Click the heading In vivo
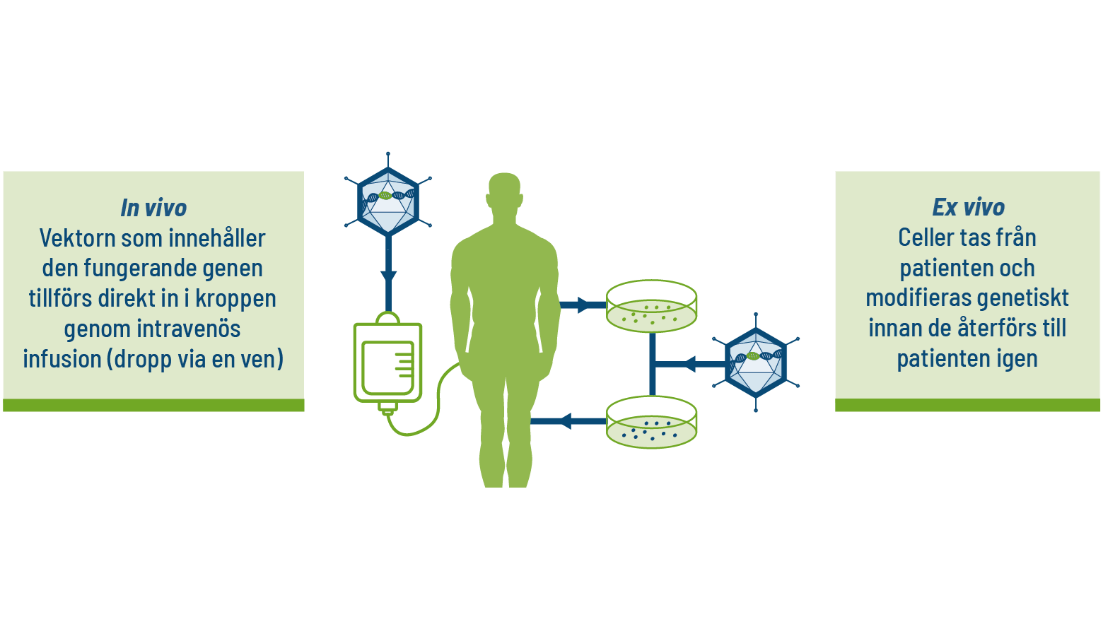click(153, 208)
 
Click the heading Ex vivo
click(968, 207)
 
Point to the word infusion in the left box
click(62, 359)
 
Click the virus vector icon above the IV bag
click(387, 201)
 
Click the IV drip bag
click(387, 362)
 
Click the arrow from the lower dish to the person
click(566, 422)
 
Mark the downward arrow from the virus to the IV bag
click(387, 276)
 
